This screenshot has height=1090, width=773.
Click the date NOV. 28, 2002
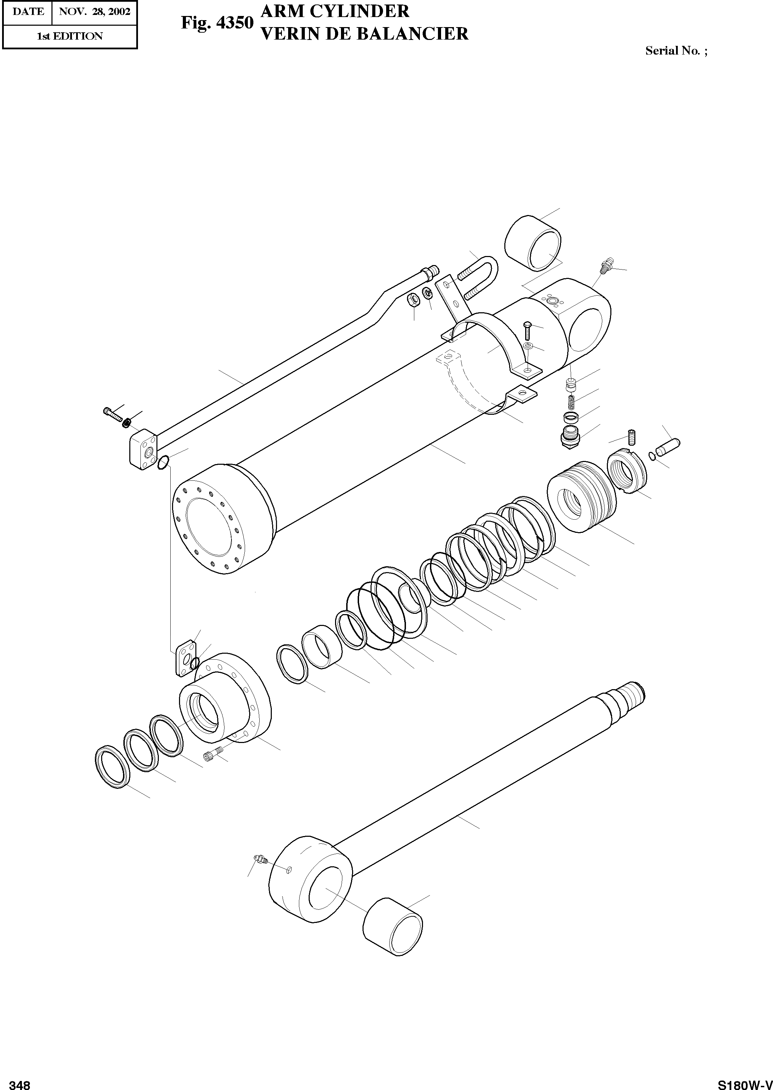point(94,11)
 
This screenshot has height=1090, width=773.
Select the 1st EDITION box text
point(70,36)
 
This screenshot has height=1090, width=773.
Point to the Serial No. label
point(676,51)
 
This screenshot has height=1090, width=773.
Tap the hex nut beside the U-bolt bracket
point(413,300)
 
